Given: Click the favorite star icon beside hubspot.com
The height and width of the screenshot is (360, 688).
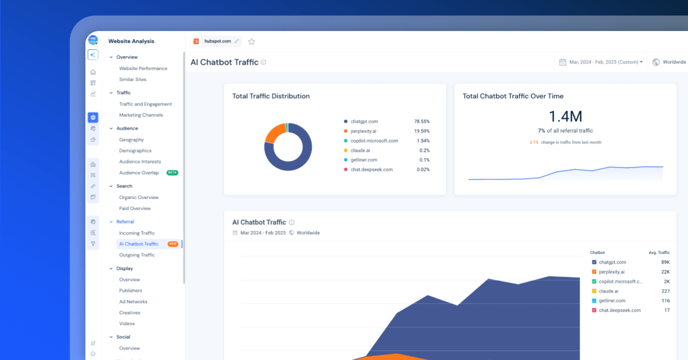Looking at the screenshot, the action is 252,41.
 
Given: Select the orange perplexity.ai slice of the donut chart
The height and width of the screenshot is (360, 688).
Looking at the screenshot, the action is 274,131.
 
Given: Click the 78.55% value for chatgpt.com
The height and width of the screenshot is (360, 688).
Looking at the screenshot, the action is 422,122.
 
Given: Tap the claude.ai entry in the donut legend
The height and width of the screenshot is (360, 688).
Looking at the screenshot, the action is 360,150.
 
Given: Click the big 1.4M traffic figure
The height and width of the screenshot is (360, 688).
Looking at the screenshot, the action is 565,116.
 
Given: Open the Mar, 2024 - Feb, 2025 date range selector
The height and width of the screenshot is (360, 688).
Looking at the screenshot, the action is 601,62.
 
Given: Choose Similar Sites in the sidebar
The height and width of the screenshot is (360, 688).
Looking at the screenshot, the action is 132,79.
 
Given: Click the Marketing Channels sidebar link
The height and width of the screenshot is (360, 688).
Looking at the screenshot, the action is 141,115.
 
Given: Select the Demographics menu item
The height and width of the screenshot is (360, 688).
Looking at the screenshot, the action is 135,151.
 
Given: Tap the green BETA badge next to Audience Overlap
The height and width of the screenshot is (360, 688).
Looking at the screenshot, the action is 173,173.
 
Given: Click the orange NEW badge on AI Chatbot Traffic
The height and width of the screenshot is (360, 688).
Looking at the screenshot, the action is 173,244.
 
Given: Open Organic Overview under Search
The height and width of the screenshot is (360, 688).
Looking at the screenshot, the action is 139,197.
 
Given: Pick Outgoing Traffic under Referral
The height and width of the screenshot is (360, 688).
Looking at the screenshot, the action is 137,255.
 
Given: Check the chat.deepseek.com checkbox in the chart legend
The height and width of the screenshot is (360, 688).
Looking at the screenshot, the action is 594,310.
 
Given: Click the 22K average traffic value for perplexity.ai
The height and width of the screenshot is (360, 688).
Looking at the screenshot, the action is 665,272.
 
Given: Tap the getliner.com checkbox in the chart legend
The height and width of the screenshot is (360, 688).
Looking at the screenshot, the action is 594,301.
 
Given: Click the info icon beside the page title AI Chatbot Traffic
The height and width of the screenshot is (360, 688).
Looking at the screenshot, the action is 263,62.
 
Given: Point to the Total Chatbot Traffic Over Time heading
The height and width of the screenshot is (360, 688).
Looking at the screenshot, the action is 513,96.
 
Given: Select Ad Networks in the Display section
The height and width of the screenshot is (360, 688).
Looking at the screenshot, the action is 133,302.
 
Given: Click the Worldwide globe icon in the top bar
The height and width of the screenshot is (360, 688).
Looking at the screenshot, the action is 656,62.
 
